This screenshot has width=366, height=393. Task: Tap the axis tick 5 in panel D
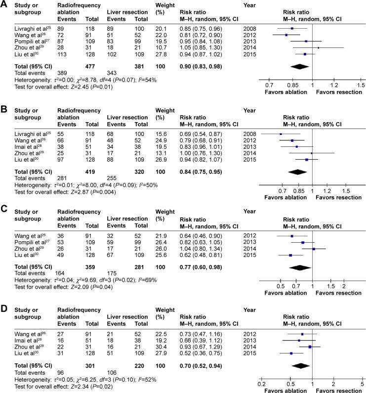pos(362,384)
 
